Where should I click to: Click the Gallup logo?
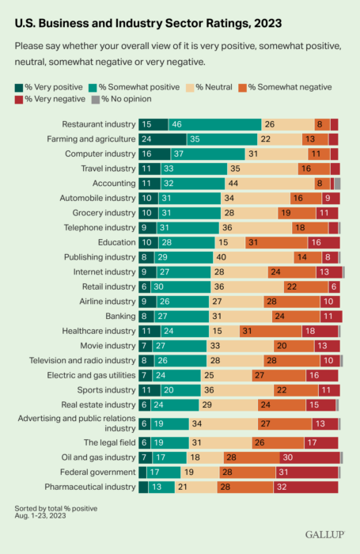[x=324, y=534]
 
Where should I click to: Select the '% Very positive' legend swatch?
[x=19, y=88]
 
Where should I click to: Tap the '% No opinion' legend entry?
[x=122, y=99]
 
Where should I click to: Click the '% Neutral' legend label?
[x=214, y=87]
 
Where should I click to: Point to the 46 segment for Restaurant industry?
[x=215, y=124]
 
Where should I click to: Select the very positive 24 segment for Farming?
[x=162, y=139]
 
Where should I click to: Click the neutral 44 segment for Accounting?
[x=270, y=184]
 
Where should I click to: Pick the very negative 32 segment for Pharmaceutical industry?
[x=305, y=488]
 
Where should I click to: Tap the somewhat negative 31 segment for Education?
[x=277, y=243]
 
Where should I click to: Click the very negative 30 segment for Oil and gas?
[x=310, y=457]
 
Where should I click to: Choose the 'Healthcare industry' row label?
[x=99, y=331]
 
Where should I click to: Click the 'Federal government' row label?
[x=98, y=472]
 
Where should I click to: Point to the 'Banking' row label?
[x=120, y=317]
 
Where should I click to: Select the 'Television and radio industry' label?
[x=82, y=360]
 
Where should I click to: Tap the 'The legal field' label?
[x=109, y=442]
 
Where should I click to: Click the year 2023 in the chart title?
[x=267, y=23]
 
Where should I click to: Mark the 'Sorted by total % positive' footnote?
[x=56, y=508]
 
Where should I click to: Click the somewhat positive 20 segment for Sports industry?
[x=181, y=390]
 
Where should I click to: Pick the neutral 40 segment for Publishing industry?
[x=253, y=257]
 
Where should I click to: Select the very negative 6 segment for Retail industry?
[x=334, y=286]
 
